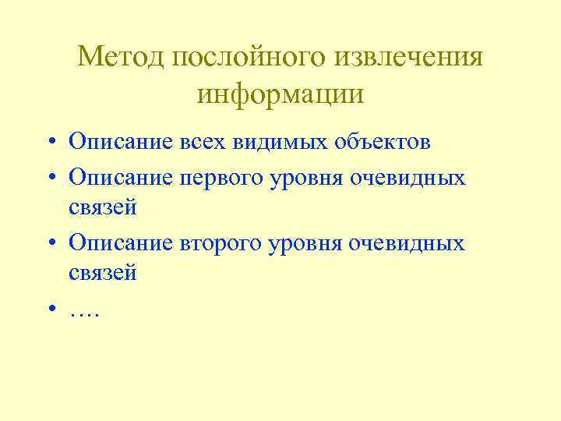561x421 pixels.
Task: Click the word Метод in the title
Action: coord(122,57)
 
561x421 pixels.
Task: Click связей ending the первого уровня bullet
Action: coord(103,207)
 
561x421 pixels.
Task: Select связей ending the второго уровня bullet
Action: coord(103,274)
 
